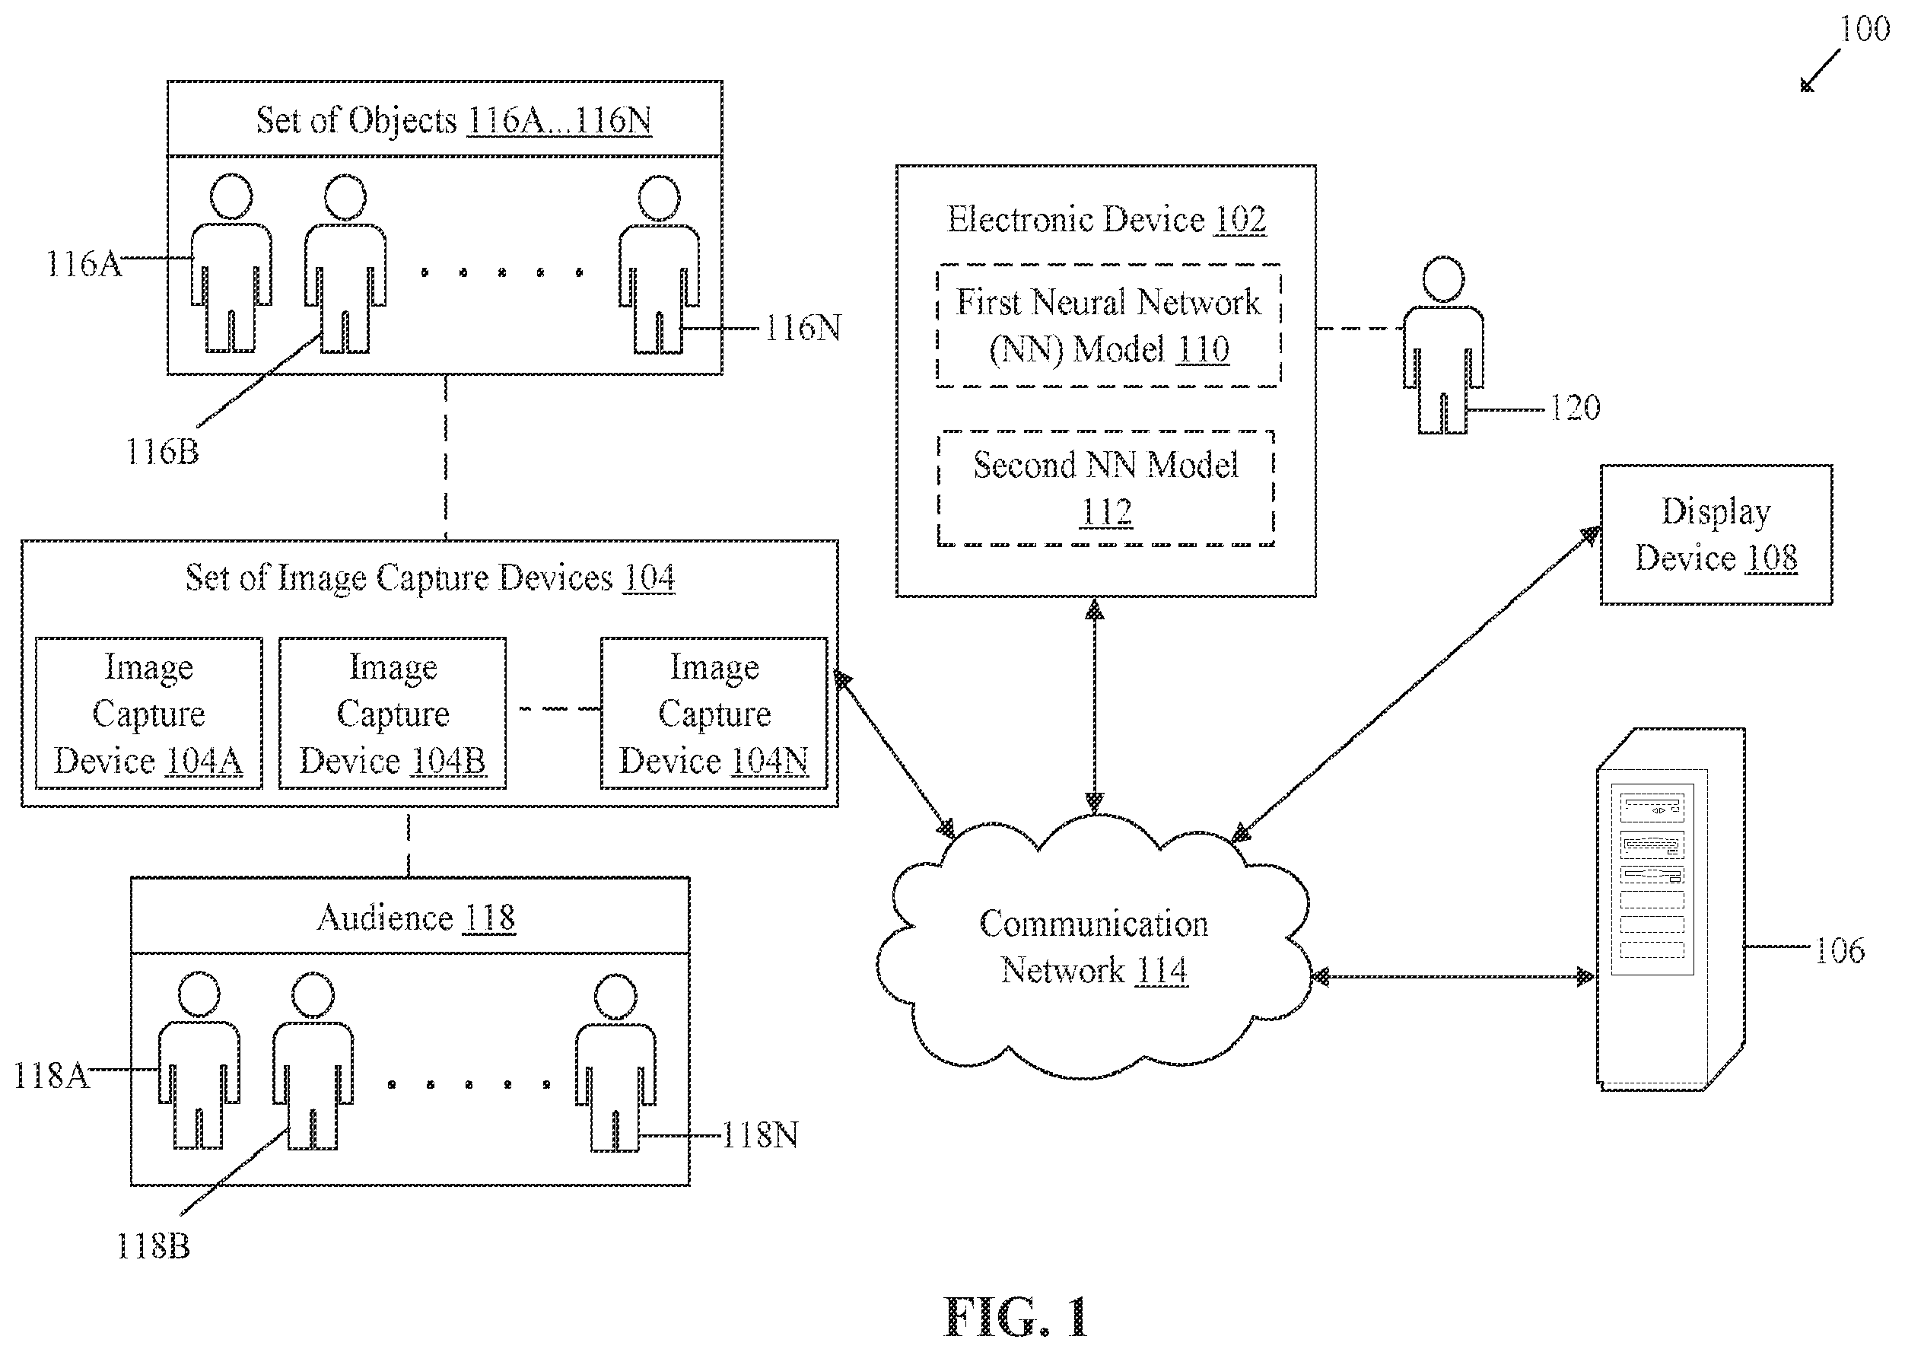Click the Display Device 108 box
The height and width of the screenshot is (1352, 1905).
[1716, 534]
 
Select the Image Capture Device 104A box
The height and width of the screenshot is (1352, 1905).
[149, 714]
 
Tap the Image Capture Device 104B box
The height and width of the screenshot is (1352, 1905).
[393, 714]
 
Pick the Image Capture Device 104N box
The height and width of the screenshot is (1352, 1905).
[714, 714]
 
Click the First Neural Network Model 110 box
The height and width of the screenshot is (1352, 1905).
[1108, 326]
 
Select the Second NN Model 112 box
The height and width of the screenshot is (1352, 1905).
[1106, 488]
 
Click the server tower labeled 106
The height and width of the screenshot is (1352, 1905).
[1671, 909]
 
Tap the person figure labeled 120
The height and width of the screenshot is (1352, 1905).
[1443, 345]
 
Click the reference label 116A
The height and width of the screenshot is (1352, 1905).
[83, 265]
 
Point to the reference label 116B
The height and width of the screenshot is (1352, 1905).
[162, 452]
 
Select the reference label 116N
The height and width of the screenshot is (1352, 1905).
[803, 329]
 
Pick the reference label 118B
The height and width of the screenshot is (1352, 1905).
[153, 1246]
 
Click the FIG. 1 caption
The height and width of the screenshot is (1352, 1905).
[1016, 1318]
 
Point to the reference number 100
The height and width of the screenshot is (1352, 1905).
[1864, 30]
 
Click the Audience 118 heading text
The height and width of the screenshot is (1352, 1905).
[416, 918]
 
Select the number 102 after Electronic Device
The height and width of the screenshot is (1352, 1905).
[1240, 220]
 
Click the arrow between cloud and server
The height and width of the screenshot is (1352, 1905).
[1453, 977]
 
